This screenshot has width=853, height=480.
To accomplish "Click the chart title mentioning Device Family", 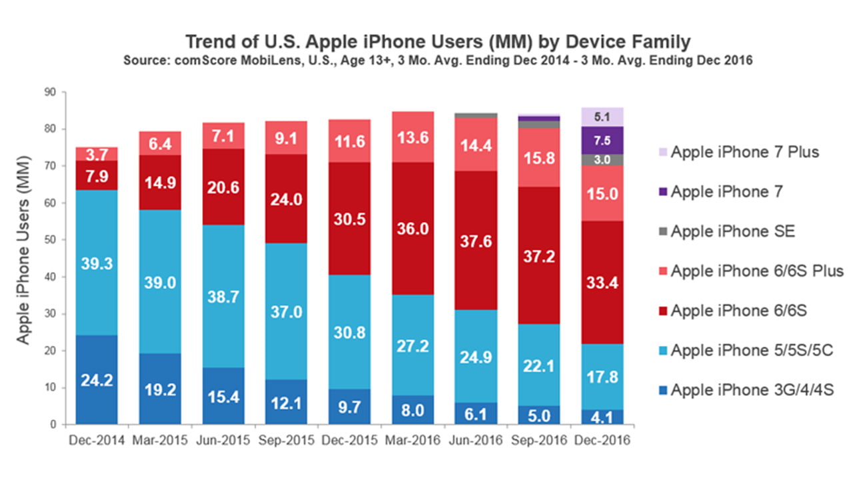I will [437, 41].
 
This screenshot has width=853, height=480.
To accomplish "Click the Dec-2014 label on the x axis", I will [97, 441].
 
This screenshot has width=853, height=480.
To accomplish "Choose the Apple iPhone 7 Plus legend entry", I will [744, 152].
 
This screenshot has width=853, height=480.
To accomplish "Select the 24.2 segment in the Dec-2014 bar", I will [97, 380].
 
